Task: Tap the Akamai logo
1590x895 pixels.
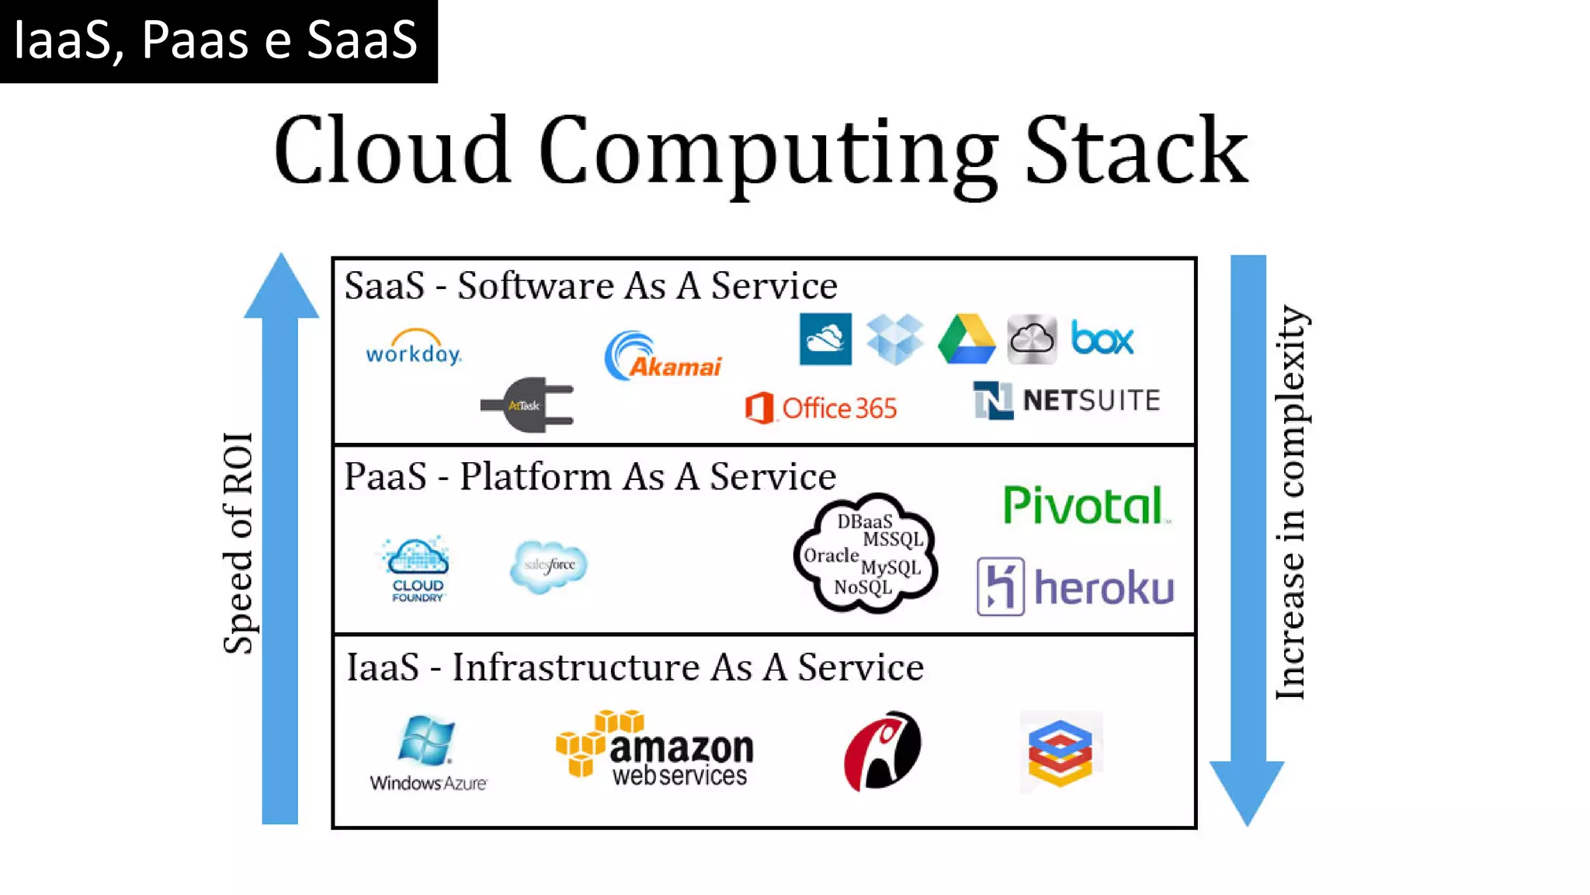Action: coord(663,357)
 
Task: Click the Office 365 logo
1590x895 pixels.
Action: coord(821,407)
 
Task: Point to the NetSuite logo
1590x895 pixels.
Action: coord(1067,400)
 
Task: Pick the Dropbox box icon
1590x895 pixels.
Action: coord(894,340)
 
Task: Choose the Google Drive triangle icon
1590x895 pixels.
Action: coord(967,340)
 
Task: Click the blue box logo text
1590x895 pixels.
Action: coord(1102,339)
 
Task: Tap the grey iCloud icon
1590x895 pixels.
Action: coord(1032,340)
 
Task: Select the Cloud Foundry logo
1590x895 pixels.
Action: coord(417,569)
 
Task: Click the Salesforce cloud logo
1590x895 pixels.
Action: coord(549,565)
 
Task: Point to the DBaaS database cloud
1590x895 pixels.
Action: coord(866,553)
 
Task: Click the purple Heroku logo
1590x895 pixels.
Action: coord(1075,587)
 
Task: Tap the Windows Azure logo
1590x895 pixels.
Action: coord(428,753)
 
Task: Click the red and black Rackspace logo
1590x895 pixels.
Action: coord(882,750)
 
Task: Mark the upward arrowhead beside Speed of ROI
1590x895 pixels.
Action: coord(281,287)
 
